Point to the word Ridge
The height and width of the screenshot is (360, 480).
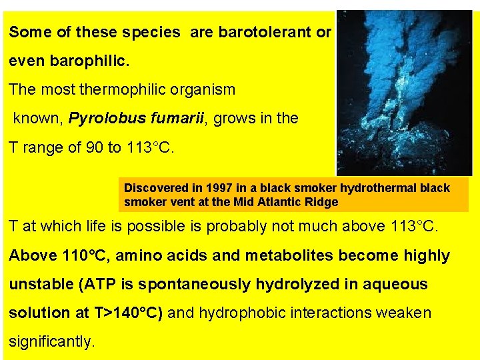(x=322, y=201)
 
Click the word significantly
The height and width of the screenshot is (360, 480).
(x=51, y=341)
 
